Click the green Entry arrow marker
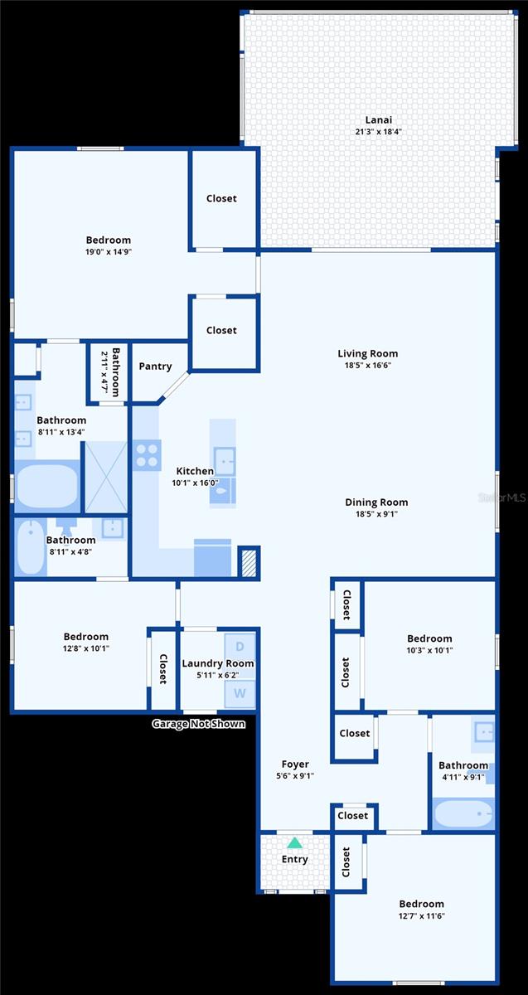pos(294,842)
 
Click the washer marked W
pos(240,692)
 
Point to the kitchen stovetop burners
pos(148,455)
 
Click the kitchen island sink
pos(224,460)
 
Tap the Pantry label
pos(155,366)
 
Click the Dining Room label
pos(376,502)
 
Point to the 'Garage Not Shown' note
pos(198,724)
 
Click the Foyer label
pos(295,764)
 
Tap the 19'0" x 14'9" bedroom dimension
pos(108,252)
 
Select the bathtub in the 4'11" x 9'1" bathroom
pos(463,813)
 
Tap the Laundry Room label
pos(218,663)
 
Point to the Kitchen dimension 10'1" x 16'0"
pos(195,483)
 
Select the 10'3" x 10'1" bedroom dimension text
pos(429,650)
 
